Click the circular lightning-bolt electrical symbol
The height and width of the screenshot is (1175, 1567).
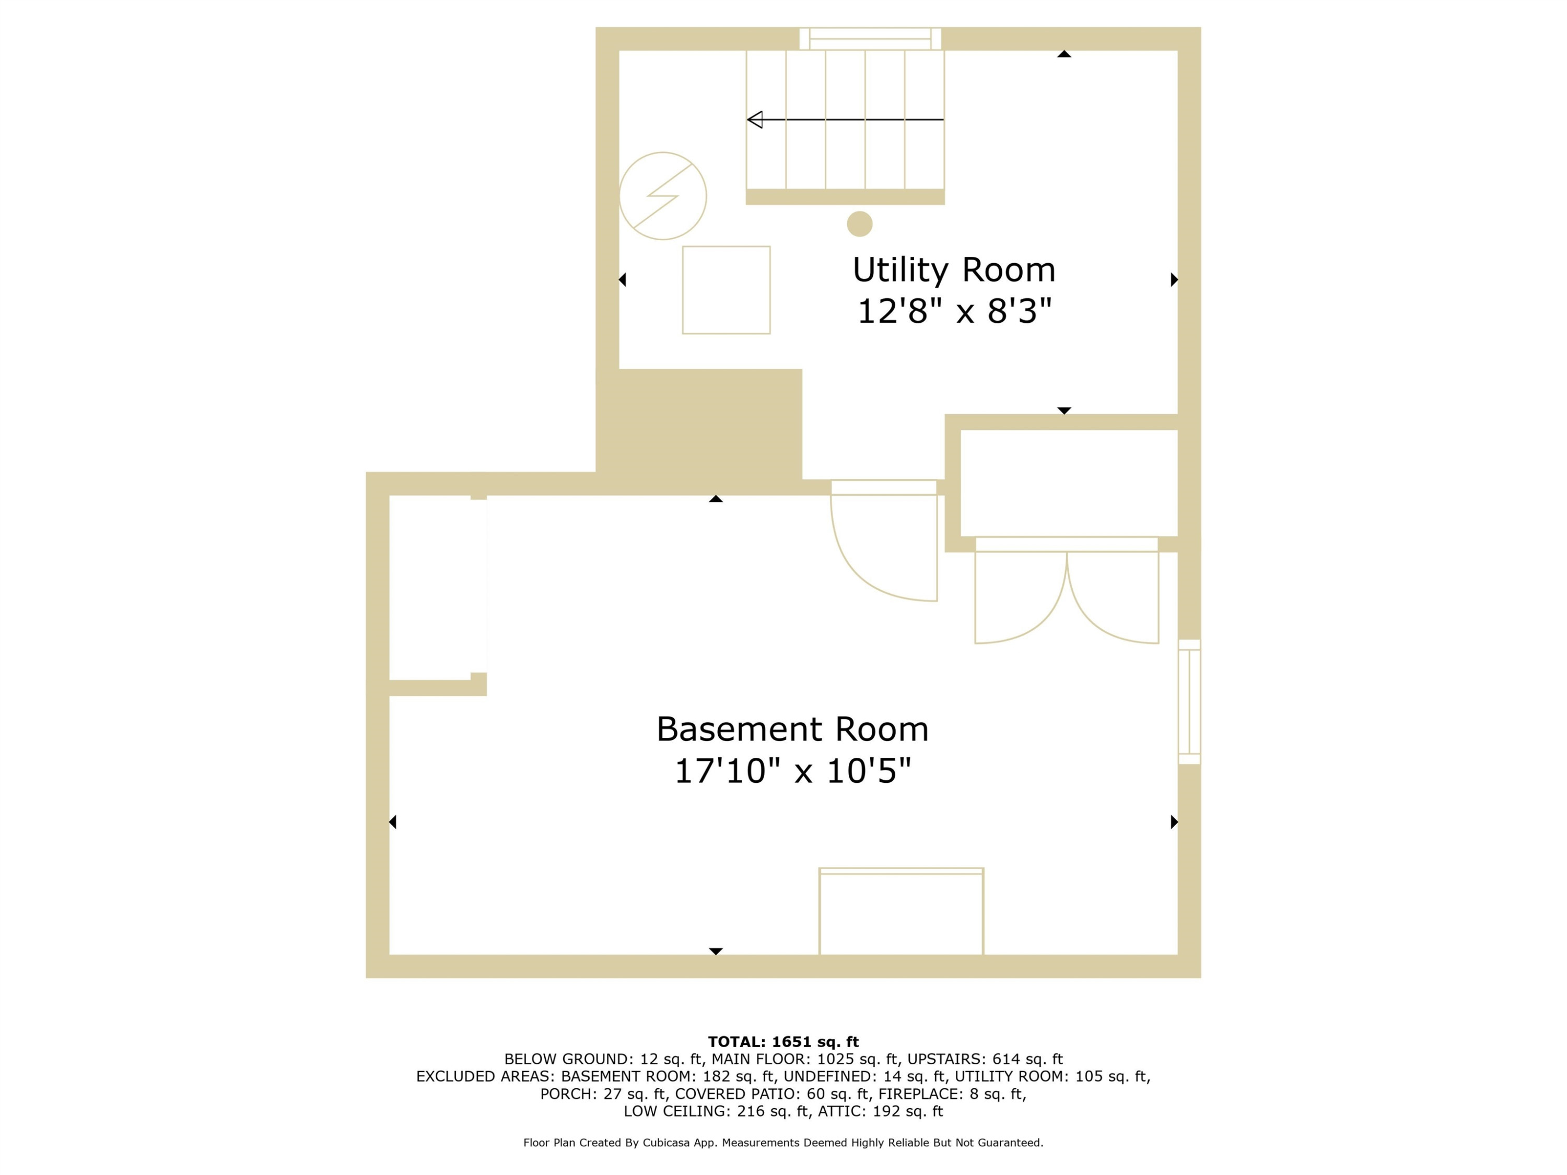(x=662, y=196)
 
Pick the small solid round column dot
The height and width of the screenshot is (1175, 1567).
(x=859, y=224)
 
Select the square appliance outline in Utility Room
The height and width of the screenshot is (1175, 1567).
(x=726, y=290)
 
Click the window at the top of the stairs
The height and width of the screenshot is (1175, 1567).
(x=870, y=39)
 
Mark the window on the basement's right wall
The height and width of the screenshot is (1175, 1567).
(x=1189, y=702)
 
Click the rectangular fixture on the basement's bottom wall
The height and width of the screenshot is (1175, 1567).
(x=901, y=911)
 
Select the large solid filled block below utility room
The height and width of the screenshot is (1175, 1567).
(x=699, y=431)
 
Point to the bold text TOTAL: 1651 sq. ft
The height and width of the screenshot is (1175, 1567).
(x=783, y=1042)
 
